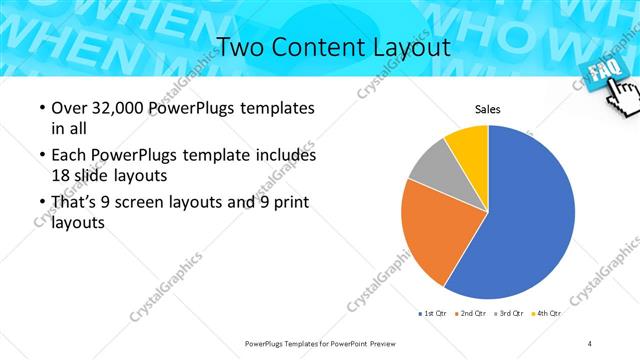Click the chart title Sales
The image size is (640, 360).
click(x=487, y=109)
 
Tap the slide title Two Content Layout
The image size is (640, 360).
click(x=333, y=47)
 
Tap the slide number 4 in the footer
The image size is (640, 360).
click(x=590, y=343)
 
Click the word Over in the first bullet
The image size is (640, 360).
click(x=67, y=108)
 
